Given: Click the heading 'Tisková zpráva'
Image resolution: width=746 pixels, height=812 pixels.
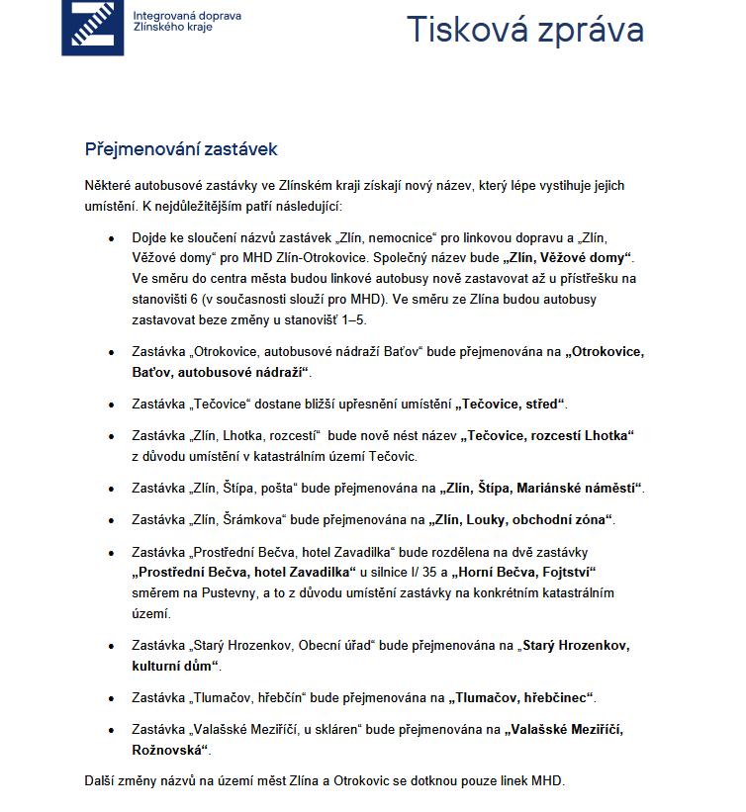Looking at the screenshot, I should coord(525,30).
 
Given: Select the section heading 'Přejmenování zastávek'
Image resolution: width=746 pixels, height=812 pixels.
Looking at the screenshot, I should coord(181,149).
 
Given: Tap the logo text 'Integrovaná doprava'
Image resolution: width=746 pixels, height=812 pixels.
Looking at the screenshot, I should coord(186,17).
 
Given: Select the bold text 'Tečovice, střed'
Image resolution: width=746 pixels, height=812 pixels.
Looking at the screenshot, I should coord(511,405).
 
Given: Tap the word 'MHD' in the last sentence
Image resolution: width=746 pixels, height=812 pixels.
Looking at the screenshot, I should coord(544,780).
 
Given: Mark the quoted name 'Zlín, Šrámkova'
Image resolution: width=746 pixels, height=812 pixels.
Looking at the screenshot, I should coord(238,520).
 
